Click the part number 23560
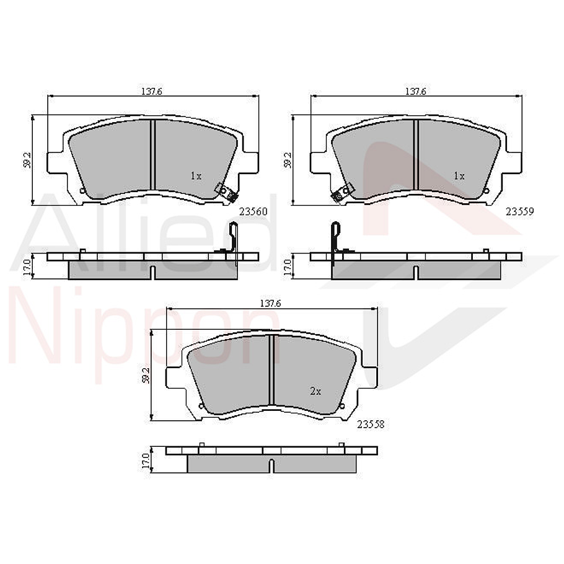(x=253, y=211)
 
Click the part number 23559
(x=519, y=211)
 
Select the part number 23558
(x=371, y=425)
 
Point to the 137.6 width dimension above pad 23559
(x=415, y=91)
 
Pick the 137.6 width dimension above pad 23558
(x=270, y=304)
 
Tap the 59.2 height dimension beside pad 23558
(x=145, y=376)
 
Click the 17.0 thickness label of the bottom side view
(x=145, y=461)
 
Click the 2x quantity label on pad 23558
(x=315, y=391)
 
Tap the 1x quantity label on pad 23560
(x=196, y=176)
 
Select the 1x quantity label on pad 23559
(x=459, y=176)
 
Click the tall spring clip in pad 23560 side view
(x=233, y=239)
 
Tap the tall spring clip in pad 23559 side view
(x=336, y=239)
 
